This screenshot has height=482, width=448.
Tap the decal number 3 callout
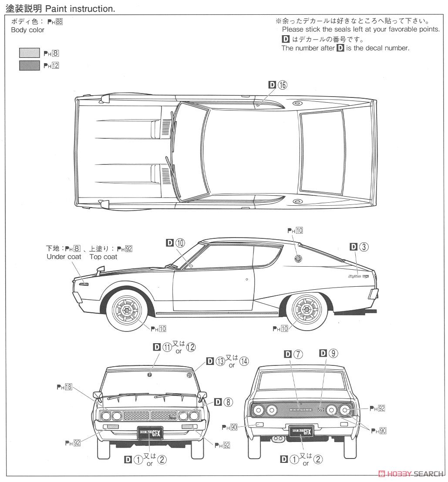pyautogui.click(x=360, y=247)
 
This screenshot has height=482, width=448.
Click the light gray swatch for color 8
pyautogui.click(x=29, y=54)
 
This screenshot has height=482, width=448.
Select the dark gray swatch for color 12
pyautogui.click(x=29, y=66)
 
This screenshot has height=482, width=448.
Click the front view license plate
pyautogui.click(x=150, y=432)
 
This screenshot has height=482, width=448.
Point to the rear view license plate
pyautogui.click(x=301, y=432)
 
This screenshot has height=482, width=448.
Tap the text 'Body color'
pyautogui.click(x=27, y=30)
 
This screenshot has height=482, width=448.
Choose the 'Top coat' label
pyautogui.click(x=104, y=257)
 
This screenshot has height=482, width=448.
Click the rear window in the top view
pyautogui.click(x=321, y=152)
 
